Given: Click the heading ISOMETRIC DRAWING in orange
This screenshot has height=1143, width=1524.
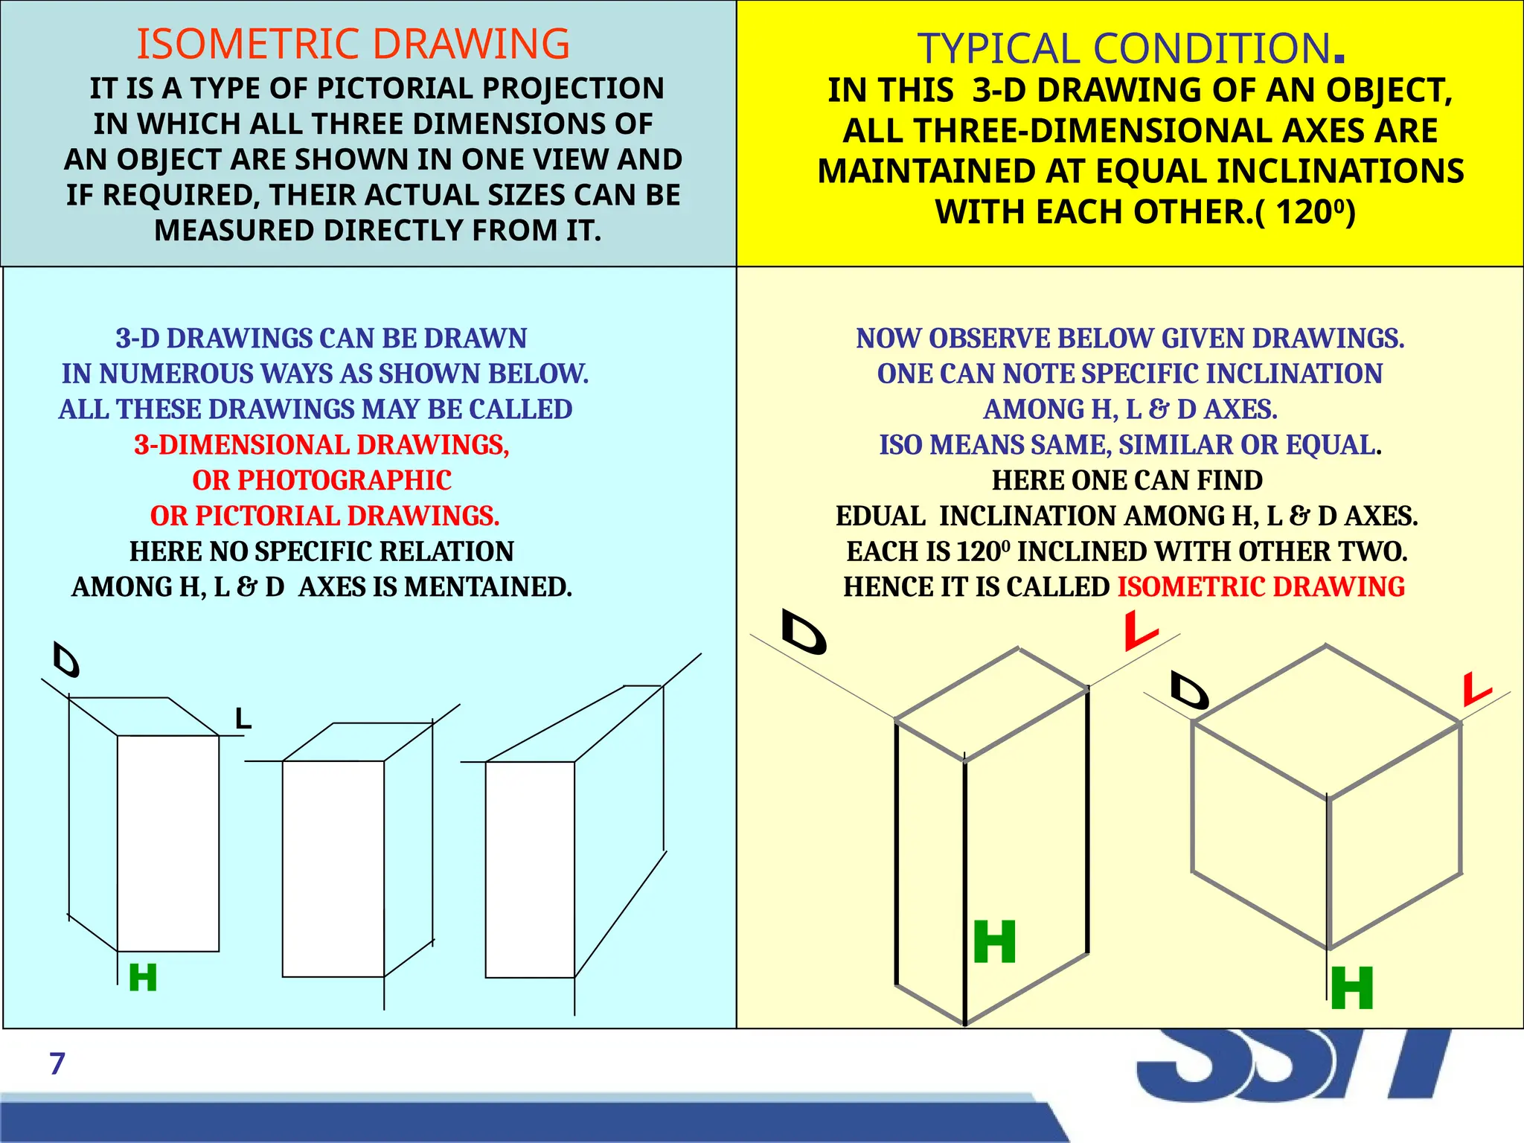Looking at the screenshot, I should click(x=353, y=44).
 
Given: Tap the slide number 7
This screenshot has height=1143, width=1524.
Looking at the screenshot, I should click(x=57, y=1064).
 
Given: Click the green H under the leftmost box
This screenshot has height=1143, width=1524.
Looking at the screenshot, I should click(x=143, y=978).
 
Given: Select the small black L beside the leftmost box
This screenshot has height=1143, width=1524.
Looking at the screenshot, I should click(x=243, y=719).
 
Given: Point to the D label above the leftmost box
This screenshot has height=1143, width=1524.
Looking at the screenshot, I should click(x=66, y=660).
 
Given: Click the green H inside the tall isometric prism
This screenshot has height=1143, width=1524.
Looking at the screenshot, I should click(x=995, y=942).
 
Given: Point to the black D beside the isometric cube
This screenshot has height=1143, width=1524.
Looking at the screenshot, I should click(x=1189, y=691).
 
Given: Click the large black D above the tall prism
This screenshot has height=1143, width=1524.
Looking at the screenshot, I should click(x=804, y=633).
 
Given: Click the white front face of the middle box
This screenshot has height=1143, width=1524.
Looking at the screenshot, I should click(x=333, y=868).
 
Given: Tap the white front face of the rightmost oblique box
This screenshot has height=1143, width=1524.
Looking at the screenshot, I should click(x=529, y=869).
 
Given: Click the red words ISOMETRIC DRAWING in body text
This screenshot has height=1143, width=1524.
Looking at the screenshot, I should click(x=1261, y=587).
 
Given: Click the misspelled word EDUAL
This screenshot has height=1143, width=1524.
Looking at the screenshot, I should click(x=880, y=516).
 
